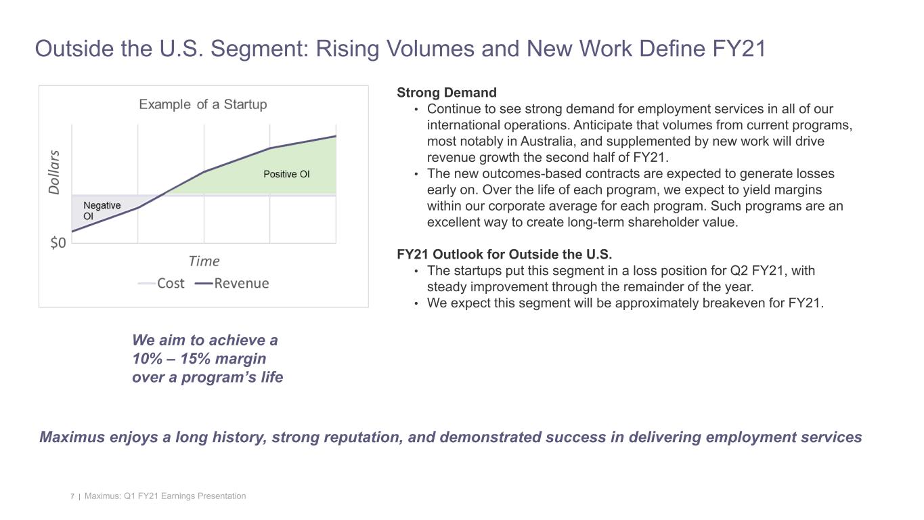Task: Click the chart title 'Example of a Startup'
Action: pos(203,104)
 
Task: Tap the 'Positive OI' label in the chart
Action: pos(286,174)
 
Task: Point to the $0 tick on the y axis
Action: pos(58,243)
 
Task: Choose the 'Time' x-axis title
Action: pos(204,261)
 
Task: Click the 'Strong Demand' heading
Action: pos(446,92)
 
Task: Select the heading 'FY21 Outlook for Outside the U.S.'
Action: pos(504,255)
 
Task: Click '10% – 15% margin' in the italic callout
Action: pos(199,358)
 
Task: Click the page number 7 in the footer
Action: pos(72,496)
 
